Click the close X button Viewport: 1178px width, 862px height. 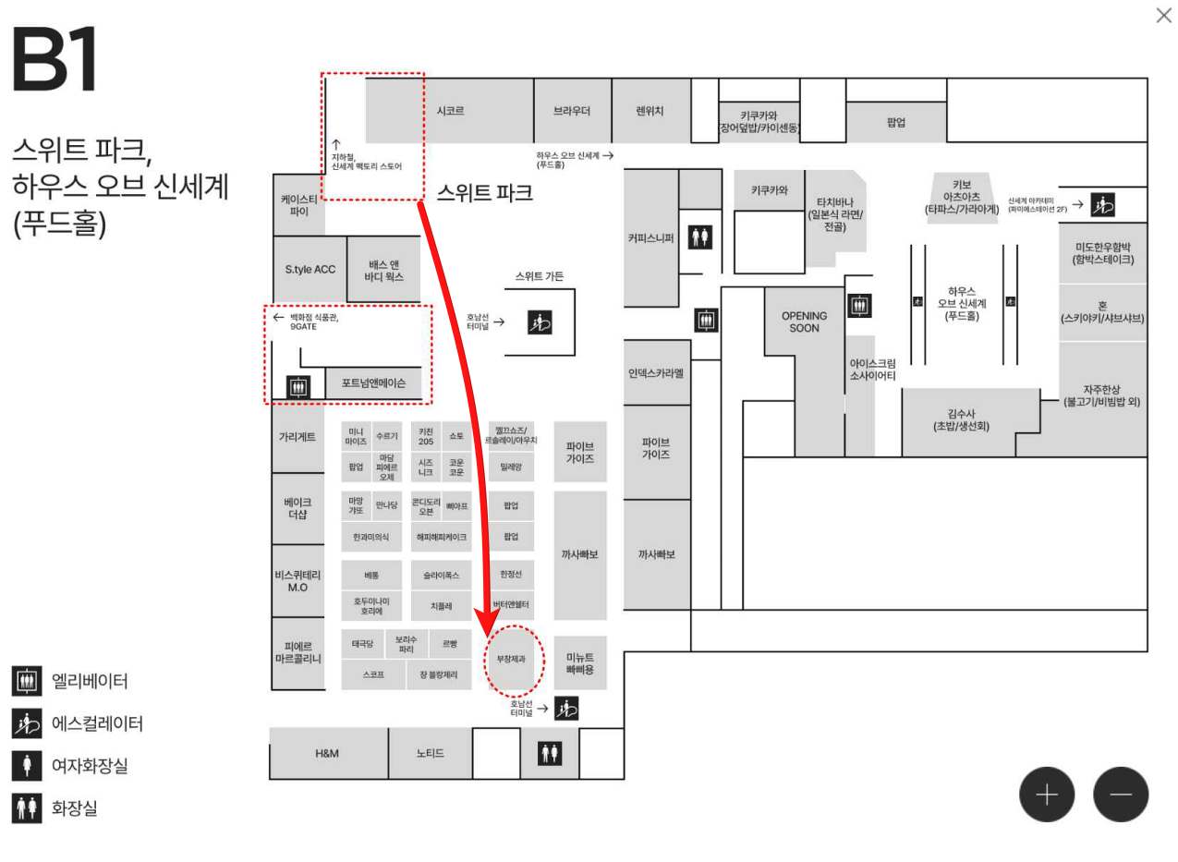(1163, 16)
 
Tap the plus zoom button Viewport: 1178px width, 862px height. (1046, 795)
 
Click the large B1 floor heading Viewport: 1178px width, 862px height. (55, 61)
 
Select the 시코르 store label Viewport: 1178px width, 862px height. (450, 111)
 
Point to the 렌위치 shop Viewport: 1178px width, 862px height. (650, 111)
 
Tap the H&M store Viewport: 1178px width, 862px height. (327, 753)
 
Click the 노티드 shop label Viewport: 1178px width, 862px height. (430, 753)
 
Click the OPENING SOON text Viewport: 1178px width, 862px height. (804, 322)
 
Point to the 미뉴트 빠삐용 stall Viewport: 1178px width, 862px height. (580, 662)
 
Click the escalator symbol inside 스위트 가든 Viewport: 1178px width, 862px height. (540, 322)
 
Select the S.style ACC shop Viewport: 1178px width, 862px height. (310, 270)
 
